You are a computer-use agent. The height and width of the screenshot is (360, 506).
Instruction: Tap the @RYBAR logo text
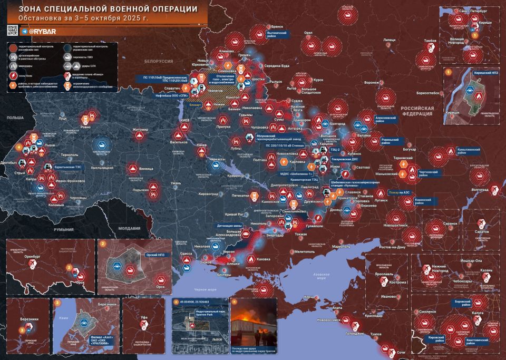pyautogui.click(x=38, y=32)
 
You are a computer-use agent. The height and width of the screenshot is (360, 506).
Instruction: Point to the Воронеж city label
pyautogui.click(x=371, y=83)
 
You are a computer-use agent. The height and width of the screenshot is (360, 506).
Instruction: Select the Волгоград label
pyautogui.click(x=479, y=188)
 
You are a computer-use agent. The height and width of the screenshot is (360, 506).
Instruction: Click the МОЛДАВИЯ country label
pyautogui.click(x=129, y=228)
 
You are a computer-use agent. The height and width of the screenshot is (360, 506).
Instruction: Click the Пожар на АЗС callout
pyautogui.click(x=398, y=193)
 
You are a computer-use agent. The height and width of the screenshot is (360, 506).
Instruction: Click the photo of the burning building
pyautogui.click(x=254, y=319)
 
